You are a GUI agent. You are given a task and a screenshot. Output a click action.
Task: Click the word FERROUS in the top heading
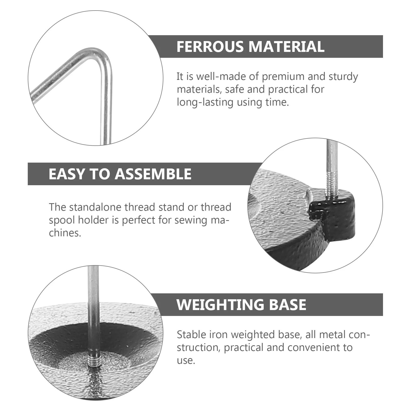pos(210,47)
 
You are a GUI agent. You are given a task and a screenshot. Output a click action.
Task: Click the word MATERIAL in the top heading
pos(286,47)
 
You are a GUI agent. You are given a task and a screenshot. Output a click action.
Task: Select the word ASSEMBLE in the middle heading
pos(153,174)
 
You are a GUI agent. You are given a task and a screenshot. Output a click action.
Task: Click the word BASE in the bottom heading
pos(287,305)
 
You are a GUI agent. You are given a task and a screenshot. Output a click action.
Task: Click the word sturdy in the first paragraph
pos(343,77)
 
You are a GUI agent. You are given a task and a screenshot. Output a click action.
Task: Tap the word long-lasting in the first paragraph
pos(205,102)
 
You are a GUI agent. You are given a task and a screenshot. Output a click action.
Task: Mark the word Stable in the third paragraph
pos(191,335)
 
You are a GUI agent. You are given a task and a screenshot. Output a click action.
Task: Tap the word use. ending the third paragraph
pos(186,361)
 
